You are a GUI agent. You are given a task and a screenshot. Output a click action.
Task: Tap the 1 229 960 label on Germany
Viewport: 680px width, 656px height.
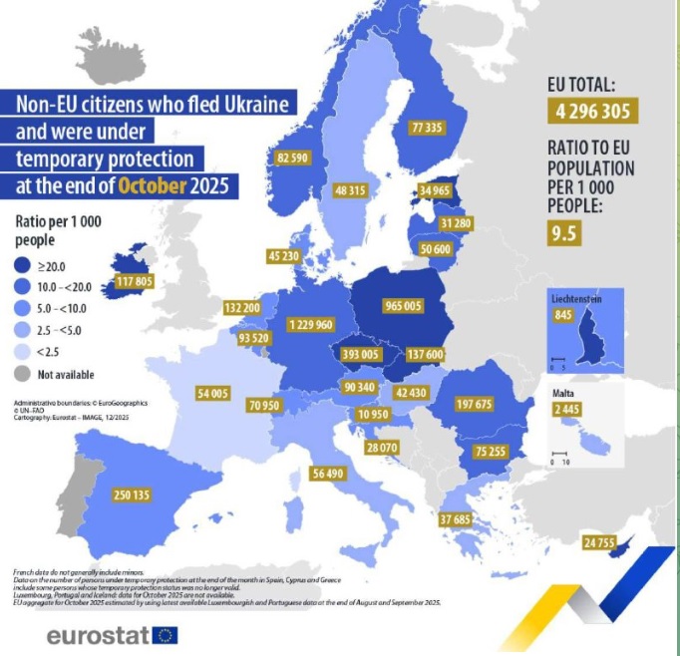[309, 325]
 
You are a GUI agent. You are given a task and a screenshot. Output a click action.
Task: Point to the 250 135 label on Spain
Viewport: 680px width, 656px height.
[132, 495]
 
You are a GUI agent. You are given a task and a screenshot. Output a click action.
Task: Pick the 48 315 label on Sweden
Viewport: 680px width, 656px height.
[354, 190]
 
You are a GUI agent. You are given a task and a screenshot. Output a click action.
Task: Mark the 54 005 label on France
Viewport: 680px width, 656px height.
[214, 394]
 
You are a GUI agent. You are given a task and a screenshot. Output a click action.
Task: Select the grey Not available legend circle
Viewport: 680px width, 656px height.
[24, 375]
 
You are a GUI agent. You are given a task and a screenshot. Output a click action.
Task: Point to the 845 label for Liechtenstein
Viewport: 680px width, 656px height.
[560, 316]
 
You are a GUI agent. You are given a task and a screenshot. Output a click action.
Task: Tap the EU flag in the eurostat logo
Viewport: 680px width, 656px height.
[166, 634]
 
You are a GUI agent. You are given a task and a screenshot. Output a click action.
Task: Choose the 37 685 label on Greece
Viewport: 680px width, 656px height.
[456, 519]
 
